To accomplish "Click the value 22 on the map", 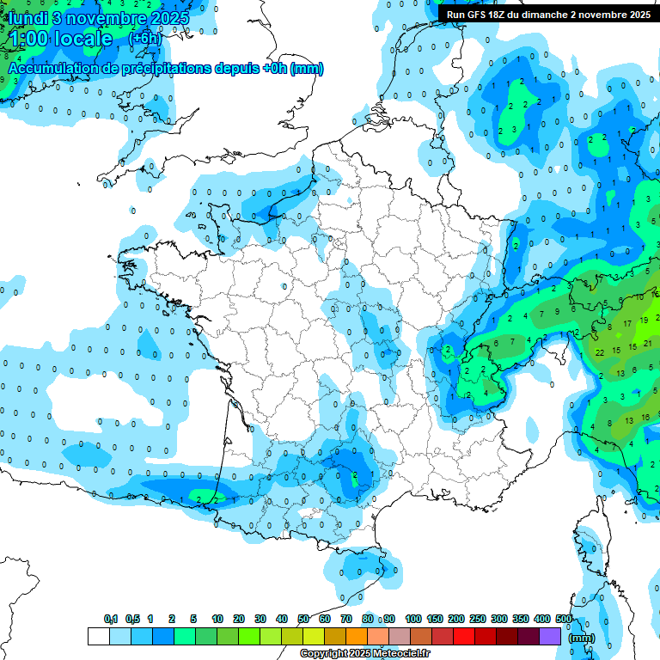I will pos(599,352).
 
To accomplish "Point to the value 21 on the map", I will pos(648,343).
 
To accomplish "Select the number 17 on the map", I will pos(628,323).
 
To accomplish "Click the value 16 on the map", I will pos(645,417).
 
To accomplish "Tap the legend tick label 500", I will pos(564,619).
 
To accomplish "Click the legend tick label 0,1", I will pos(111,619).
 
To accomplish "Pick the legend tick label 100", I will pos(413,619).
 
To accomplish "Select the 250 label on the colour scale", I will pos(478,619).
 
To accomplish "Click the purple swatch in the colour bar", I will pos(550,636).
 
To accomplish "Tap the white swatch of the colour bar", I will pos(98,636).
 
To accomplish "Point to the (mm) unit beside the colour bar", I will pos(582,638).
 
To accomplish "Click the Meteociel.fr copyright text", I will pos(364,654).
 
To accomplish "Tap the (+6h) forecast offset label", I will pos(144,39).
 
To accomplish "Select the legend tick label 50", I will pos(303,619).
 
